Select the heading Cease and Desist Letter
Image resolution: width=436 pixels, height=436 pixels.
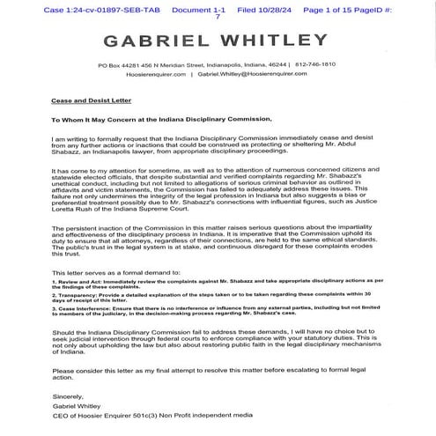click(85, 102)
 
